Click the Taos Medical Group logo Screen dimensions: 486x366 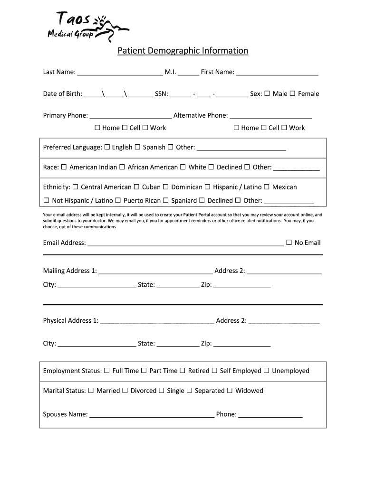coord(81,27)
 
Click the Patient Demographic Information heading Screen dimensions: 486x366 coord(183,50)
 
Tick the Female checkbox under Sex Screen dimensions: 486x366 coord(292,93)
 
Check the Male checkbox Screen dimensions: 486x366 coord(267,93)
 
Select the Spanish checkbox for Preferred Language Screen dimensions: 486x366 coord(137,147)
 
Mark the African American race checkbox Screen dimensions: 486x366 coord(122,167)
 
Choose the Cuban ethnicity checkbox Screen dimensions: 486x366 coord(136,187)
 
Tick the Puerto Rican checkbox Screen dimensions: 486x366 coord(118,200)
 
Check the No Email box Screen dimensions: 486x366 coord(289,243)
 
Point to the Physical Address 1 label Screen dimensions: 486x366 coord(70,321)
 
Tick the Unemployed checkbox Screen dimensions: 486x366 coord(266,371)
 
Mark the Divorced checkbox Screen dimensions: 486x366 coord(125,391)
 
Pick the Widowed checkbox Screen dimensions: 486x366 coord(230,391)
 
